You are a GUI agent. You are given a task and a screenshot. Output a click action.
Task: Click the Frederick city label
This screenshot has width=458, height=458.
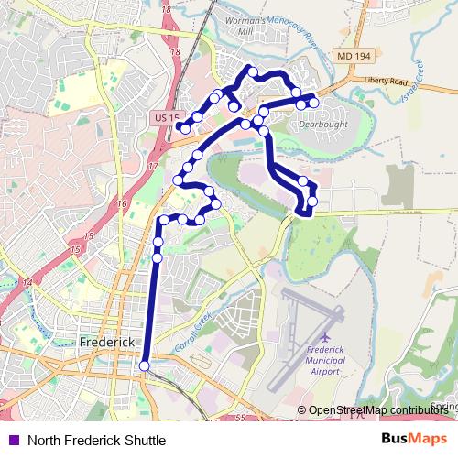[107, 342]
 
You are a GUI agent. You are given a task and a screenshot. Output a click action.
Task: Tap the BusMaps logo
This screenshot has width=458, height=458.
[414, 439]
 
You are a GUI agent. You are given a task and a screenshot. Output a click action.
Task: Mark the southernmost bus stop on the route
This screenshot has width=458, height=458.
[144, 367]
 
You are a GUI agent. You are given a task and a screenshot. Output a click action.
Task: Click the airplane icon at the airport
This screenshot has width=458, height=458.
[327, 339]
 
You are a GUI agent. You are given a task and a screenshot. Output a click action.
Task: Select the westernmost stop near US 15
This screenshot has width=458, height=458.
[184, 128]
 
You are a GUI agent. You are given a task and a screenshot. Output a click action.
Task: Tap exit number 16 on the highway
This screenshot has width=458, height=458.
[122, 203]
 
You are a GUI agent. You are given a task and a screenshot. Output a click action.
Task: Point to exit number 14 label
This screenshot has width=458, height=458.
[27, 282]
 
